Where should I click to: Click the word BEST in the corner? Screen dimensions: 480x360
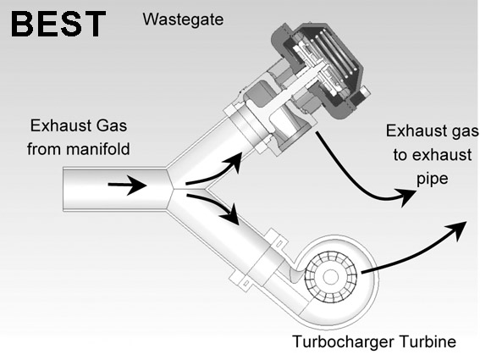58,25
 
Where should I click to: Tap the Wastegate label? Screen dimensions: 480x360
183,19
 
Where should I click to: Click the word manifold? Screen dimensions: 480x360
98,149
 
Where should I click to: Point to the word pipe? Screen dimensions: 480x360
433,179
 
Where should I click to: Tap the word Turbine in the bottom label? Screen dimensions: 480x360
428,341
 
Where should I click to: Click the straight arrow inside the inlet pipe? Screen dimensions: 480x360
127,185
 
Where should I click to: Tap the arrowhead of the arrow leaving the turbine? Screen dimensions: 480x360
457,230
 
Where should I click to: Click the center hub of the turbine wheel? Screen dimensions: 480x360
331,277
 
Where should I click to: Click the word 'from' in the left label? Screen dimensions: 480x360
45,149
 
